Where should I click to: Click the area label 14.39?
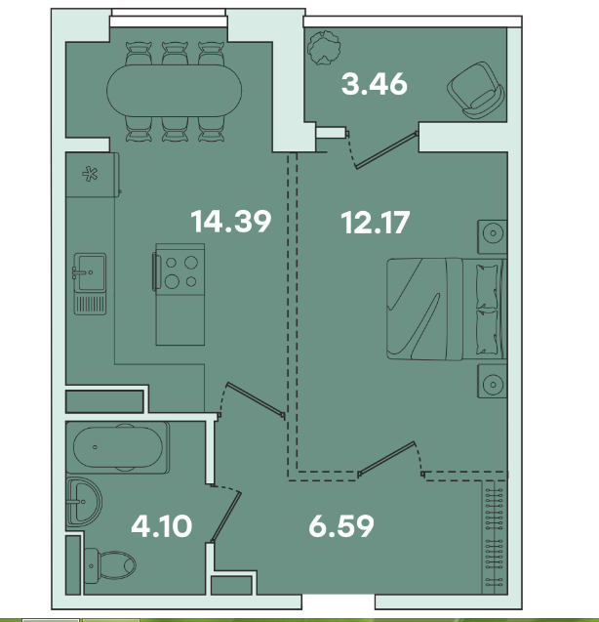(231, 222)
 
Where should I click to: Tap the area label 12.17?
(375, 223)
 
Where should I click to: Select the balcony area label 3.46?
(375, 84)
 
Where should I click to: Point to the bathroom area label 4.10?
(161, 526)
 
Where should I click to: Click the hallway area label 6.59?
(341, 526)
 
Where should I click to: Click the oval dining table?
(174, 91)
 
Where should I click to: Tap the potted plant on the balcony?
(324, 48)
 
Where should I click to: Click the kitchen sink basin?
(90, 272)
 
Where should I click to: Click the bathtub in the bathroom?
(118, 447)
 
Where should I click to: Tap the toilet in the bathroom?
(110, 565)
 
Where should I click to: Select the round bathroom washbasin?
(84, 502)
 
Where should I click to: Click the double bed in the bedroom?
(447, 309)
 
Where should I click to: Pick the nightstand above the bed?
(493, 237)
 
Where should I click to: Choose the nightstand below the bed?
(493, 381)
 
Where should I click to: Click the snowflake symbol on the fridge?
(90, 174)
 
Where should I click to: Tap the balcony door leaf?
(387, 150)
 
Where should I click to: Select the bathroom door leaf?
(226, 517)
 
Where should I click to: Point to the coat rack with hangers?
(495, 537)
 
